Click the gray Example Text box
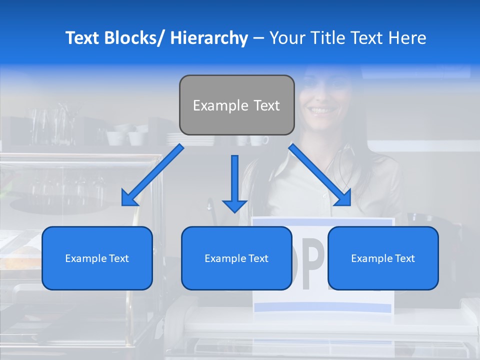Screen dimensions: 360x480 [236, 105]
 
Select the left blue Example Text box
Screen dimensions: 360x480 [97, 258]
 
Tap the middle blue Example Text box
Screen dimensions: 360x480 [236, 258]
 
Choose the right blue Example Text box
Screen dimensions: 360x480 [383, 258]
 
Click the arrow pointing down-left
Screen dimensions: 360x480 [152, 175]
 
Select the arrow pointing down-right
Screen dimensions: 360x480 [320, 175]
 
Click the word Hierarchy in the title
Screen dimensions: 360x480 [209, 38]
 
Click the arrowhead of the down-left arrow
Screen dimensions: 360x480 [128, 199]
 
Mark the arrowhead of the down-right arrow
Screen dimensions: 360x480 [344, 199]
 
